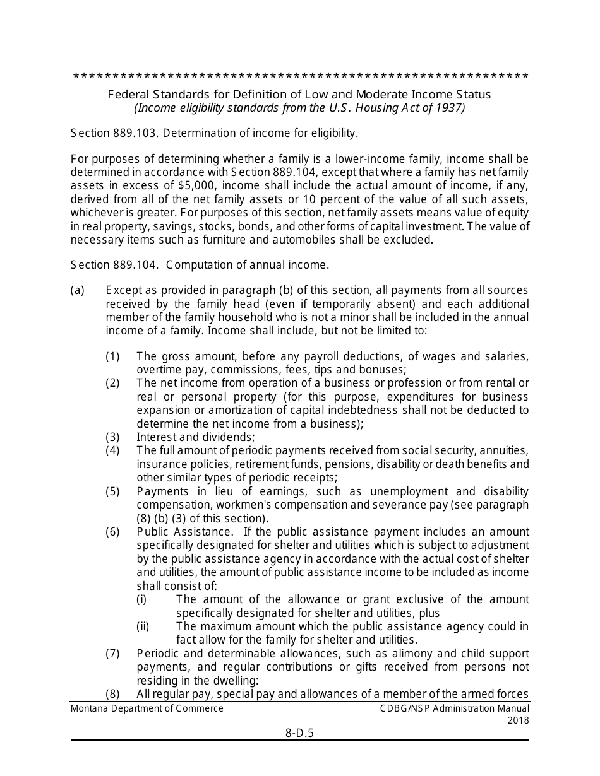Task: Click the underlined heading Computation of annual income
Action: click(246, 265)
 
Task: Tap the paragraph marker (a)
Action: click(77, 291)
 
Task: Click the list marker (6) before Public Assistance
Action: click(112, 532)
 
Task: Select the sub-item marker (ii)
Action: click(143, 626)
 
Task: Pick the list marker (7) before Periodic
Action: click(112, 654)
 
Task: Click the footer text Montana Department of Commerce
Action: click(147, 708)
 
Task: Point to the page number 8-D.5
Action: click(299, 733)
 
